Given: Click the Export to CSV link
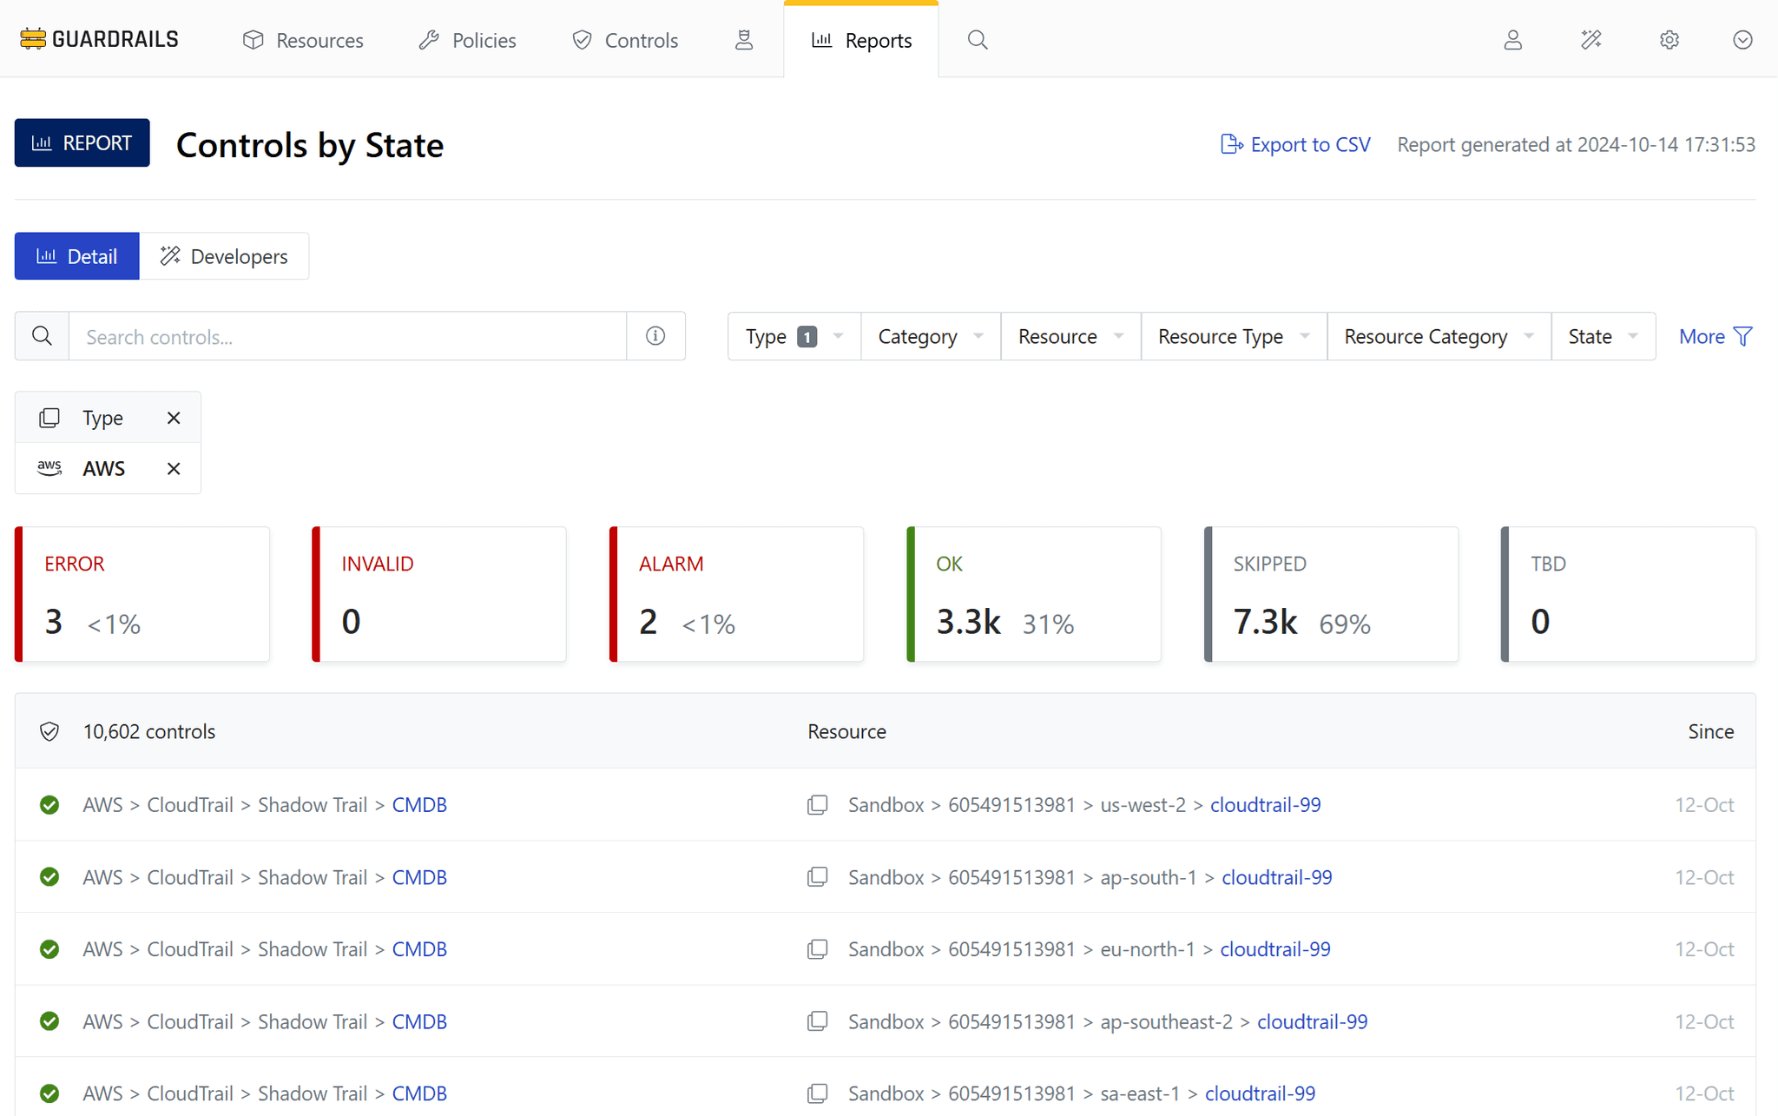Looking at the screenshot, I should pyautogui.click(x=1295, y=144).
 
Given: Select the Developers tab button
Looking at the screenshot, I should pyautogui.click(x=224, y=256).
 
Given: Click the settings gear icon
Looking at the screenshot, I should pyautogui.click(x=1669, y=40).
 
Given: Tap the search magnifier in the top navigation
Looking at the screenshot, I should pyautogui.click(x=978, y=40).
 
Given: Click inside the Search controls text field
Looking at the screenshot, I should pyautogui.click(x=347, y=336).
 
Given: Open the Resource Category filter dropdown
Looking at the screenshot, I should pyautogui.click(x=1439, y=336).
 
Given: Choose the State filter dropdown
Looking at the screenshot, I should pyautogui.click(x=1603, y=336).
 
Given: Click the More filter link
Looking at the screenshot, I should pyautogui.click(x=1715, y=336).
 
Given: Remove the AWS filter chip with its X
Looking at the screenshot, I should pyautogui.click(x=174, y=469).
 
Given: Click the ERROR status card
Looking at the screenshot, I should pyautogui.click(x=142, y=594).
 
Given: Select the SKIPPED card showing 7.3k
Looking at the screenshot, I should pyautogui.click(x=1331, y=594).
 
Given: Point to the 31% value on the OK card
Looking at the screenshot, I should pyautogui.click(x=1048, y=624).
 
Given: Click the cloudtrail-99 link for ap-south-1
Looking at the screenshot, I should pyautogui.click(x=1276, y=877).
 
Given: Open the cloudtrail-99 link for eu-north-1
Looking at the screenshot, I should pyautogui.click(x=1274, y=949).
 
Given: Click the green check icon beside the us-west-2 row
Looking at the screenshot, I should pyautogui.click(x=49, y=805).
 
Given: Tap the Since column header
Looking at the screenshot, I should pyautogui.click(x=1710, y=731).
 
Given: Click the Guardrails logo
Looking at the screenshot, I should pyautogui.click(x=99, y=39).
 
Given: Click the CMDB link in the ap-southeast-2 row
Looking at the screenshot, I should pyautogui.click(x=419, y=1021).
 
